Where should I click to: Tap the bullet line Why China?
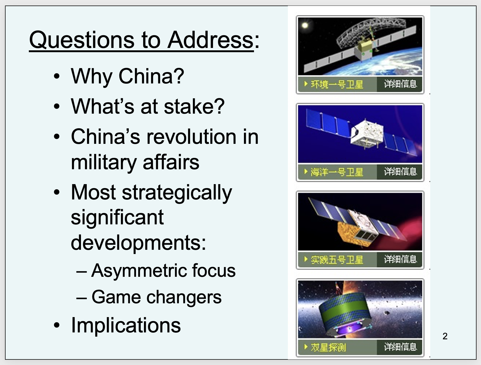click(x=128, y=77)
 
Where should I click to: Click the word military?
click(x=104, y=163)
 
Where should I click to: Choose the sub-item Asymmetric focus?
click(x=163, y=271)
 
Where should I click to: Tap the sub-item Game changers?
click(x=156, y=297)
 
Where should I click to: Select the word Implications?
click(x=126, y=325)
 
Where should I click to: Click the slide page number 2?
click(x=445, y=336)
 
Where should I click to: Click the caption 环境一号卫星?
click(x=337, y=84)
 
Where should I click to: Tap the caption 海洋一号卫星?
click(x=337, y=172)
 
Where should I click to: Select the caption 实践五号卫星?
click(x=337, y=260)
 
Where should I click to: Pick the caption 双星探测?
click(x=328, y=347)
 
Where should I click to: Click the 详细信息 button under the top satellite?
click(x=400, y=84)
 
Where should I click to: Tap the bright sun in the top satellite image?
click(x=305, y=25)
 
